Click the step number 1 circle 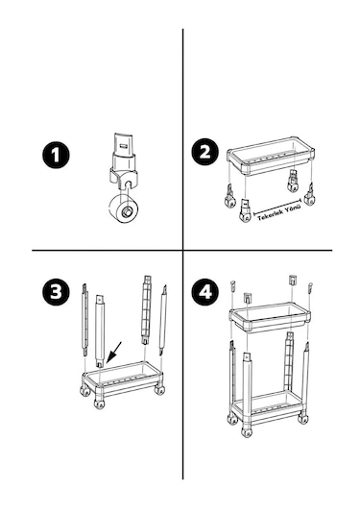[x=56, y=155]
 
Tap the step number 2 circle [x=205, y=152]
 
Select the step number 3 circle [x=56, y=291]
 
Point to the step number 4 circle [x=205, y=291]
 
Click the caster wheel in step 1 [x=123, y=209]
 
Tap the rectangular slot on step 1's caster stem [x=124, y=145]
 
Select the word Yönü [x=293, y=208]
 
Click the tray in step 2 [x=271, y=156]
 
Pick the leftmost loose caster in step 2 [x=230, y=197]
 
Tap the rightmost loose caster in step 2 [x=309, y=195]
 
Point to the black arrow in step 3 [x=113, y=353]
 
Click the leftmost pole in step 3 [x=84, y=320]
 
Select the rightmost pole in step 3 [x=163, y=320]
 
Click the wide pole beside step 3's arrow [x=100, y=330]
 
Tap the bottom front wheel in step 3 [x=99, y=404]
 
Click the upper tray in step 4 [x=270, y=316]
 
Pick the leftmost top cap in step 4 [x=232, y=285]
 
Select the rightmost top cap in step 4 [x=309, y=287]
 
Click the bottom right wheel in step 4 [x=303, y=418]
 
